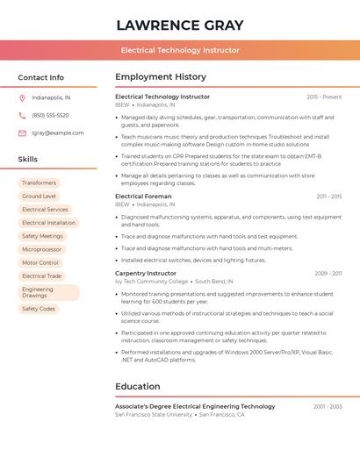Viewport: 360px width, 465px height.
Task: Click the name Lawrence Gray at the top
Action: point(180,25)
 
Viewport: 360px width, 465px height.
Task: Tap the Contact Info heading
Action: point(40,77)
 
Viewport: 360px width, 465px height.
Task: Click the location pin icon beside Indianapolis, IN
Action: point(22,97)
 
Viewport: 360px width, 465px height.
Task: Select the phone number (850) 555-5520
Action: point(50,115)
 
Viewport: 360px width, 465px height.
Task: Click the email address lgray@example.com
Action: point(58,133)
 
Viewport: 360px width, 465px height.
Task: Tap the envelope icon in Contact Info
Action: point(22,133)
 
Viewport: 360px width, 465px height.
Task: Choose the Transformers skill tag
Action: point(39,182)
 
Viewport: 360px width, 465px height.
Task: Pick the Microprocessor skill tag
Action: point(41,249)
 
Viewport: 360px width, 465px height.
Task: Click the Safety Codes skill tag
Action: point(38,309)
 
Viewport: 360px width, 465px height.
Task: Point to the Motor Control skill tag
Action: point(40,262)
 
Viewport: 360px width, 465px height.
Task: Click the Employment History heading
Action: point(161,77)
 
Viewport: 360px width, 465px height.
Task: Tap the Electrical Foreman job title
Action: point(143,197)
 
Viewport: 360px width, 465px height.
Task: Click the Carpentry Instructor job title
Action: point(146,273)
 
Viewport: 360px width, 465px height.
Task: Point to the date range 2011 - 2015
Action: point(329,197)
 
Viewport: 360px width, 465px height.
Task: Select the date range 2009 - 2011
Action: point(328,273)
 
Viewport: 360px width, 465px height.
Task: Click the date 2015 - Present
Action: point(324,97)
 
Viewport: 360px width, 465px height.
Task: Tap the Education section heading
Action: point(138,386)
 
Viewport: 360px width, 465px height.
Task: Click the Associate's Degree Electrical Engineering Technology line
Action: point(195,406)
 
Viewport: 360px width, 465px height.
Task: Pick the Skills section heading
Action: point(28,159)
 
